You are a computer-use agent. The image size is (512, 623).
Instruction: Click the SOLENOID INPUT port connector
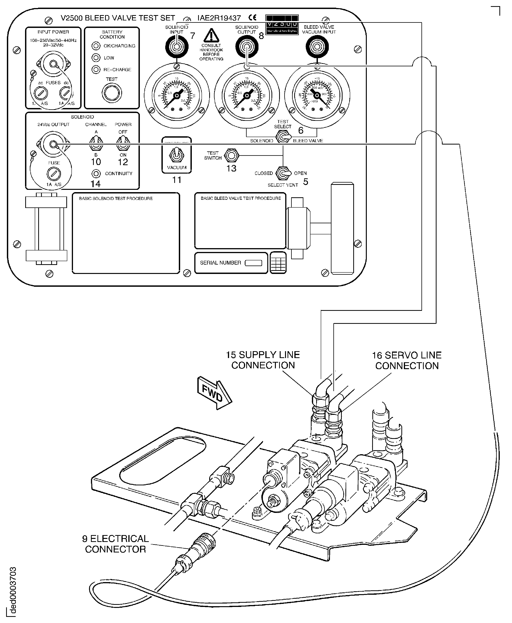tap(177, 47)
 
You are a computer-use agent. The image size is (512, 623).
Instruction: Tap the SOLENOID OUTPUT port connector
tap(247, 47)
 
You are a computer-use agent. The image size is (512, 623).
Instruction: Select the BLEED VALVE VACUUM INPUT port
tap(317, 47)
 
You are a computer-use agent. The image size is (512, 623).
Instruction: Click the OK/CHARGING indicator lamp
tap(96, 46)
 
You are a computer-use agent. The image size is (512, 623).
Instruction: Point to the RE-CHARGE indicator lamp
tap(96, 70)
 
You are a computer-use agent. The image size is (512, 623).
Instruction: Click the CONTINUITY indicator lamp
tap(96, 174)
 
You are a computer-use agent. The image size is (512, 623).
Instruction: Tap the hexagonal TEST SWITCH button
tap(232, 155)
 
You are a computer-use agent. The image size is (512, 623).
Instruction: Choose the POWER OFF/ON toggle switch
tap(123, 143)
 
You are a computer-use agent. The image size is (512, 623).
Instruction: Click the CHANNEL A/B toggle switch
tap(96, 143)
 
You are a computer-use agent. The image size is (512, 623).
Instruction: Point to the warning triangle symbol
tap(211, 36)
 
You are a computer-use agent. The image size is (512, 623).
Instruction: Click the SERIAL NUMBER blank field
tap(253, 263)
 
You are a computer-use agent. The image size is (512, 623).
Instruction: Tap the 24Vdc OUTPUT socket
tap(53, 144)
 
